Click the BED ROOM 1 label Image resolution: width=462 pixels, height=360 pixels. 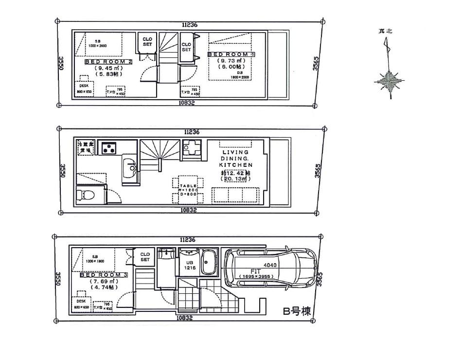[231, 54]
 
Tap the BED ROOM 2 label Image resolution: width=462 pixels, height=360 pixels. [109, 62]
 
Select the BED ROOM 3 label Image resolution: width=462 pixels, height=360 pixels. [103, 275]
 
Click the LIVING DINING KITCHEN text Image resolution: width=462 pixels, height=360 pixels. [236, 159]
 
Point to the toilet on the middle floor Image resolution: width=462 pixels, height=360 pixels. [86, 196]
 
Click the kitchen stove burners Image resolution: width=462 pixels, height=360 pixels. [108, 147]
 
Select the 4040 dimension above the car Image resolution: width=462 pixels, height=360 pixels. [271, 265]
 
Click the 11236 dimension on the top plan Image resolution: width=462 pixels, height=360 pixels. [190, 24]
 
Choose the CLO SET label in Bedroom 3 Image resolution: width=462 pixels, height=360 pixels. [145, 257]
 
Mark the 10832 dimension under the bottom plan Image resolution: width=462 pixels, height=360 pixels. [184, 318]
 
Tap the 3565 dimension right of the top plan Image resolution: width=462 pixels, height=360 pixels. [316, 64]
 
